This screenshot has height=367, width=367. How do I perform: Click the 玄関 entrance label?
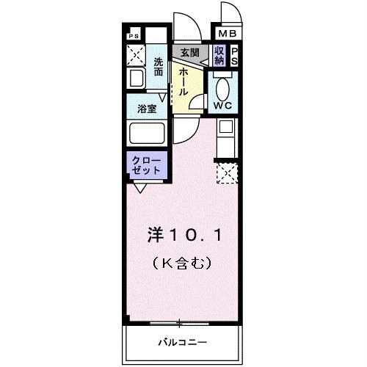189,54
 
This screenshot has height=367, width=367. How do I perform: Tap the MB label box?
226,34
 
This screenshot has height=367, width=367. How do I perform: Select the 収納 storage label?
219,55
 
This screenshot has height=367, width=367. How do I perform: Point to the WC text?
222,105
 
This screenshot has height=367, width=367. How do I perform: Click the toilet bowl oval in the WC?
223,87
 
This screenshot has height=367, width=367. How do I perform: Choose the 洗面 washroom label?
159,68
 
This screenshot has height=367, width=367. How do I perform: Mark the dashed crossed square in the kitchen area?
225,174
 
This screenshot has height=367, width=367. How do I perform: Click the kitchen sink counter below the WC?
225,137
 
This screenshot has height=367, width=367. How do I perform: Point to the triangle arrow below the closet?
139,188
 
